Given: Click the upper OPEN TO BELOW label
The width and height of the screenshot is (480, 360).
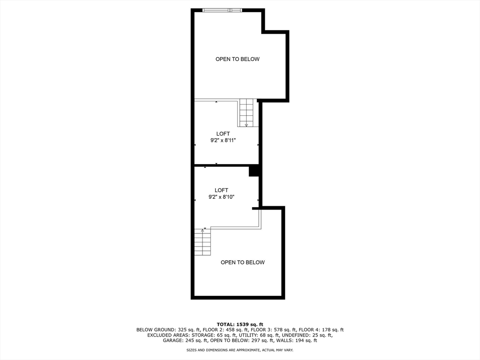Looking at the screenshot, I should (x=237, y=59).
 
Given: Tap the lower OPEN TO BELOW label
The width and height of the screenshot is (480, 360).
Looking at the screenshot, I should (x=242, y=262).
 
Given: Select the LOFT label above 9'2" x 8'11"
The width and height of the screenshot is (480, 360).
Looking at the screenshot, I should (x=223, y=134).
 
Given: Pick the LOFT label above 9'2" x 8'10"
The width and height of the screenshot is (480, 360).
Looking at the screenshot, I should (x=221, y=190).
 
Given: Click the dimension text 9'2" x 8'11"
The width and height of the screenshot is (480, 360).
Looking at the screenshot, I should (x=223, y=140).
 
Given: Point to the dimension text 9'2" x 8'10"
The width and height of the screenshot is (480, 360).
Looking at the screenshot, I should (x=221, y=197).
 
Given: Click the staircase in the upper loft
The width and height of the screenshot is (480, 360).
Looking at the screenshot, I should (x=246, y=112).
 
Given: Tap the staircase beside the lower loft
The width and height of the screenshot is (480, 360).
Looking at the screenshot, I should (x=202, y=242).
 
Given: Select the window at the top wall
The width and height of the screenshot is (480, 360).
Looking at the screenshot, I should (x=222, y=10).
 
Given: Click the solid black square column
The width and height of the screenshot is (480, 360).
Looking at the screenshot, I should (x=254, y=171).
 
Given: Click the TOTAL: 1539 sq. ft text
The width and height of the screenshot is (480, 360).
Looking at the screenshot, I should (x=240, y=324).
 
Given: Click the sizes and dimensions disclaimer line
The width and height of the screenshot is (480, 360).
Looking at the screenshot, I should (x=240, y=350).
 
